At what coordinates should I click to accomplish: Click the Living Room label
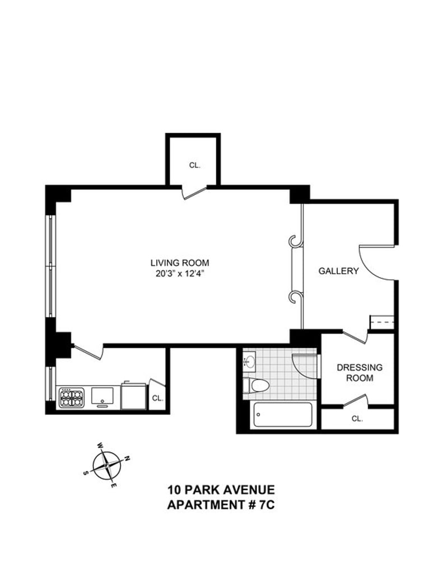(179, 263)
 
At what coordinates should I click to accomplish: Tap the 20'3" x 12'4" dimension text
(180, 274)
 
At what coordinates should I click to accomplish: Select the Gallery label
(338, 271)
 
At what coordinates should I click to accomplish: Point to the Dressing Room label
(360, 373)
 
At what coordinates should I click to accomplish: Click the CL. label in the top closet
(194, 165)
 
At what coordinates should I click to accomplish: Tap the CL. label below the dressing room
(357, 419)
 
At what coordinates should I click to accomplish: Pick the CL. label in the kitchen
(157, 399)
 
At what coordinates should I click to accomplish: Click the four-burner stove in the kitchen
(71, 397)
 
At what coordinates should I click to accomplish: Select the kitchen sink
(102, 396)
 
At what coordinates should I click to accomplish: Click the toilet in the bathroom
(256, 385)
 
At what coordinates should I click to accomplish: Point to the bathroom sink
(250, 361)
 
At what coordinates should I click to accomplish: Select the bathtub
(283, 415)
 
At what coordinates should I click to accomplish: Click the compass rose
(106, 465)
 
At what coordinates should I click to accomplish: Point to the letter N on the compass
(127, 459)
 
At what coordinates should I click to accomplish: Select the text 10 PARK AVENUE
(221, 490)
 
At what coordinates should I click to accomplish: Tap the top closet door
(194, 193)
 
